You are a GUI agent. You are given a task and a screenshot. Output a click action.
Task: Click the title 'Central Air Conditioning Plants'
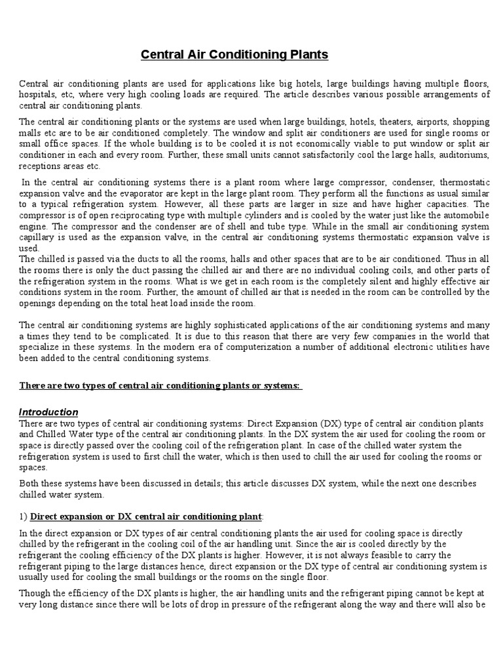pos(234,55)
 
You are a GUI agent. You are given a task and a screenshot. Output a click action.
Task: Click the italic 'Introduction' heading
pos(48,412)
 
